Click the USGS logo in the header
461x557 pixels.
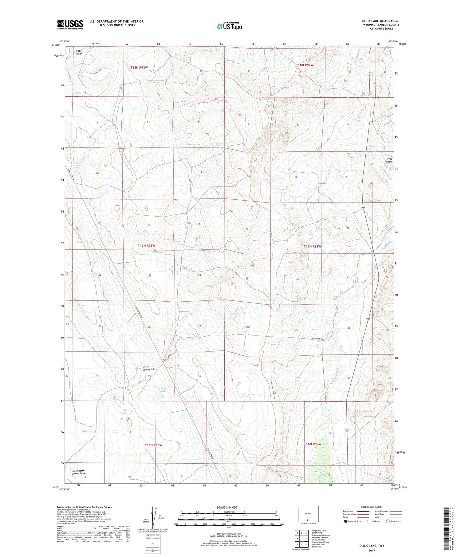(x=70, y=25)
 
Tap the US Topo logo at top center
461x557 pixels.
(x=229, y=26)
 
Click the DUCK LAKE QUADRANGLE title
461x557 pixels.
(x=381, y=21)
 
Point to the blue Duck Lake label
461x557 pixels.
(x=164, y=390)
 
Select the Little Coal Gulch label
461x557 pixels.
(x=148, y=368)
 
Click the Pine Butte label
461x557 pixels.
(x=389, y=160)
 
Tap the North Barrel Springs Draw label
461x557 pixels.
(x=78, y=472)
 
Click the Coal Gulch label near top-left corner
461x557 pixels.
(x=79, y=52)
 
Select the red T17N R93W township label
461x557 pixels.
(x=146, y=246)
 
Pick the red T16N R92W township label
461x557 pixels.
(x=313, y=444)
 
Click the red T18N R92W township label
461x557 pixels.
(x=305, y=65)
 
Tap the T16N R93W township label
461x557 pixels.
(x=153, y=445)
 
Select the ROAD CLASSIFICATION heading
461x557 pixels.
(x=372, y=507)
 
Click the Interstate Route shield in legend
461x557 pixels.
(x=346, y=521)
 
